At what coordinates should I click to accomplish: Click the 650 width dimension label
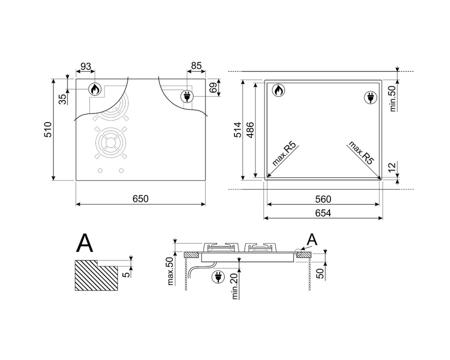pos(140,198)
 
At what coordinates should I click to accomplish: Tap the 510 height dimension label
pos(47,129)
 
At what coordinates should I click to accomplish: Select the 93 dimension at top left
pos(85,66)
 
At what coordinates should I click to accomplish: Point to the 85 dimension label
pos(196,66)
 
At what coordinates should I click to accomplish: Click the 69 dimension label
pos(213,88)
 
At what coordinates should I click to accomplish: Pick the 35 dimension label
pos(62,99)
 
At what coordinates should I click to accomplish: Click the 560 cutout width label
pos(323,199)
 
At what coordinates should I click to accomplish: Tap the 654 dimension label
pos(323,213)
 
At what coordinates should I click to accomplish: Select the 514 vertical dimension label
pos(238,130)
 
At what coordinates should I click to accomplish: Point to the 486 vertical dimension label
pos(250,130)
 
